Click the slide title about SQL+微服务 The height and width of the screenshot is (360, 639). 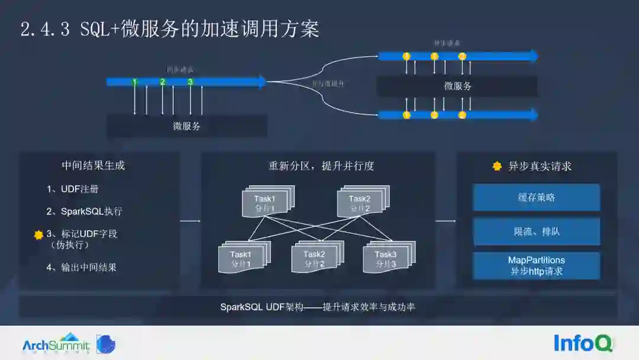(170, 29)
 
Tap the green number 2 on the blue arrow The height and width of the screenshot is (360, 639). (162, 82)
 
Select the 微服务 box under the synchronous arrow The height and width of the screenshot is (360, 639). (187, 126)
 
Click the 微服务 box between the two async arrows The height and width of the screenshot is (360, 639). (457, 86)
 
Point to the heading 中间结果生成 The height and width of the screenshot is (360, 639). (93, 166)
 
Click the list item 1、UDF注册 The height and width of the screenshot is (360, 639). (73, 189)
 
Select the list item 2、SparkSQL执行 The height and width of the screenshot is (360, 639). (85, 211)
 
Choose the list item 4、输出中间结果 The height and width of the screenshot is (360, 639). (82, 267)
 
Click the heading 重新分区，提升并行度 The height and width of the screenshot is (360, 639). (321, 166)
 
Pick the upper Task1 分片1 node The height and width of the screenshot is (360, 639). (265, 202)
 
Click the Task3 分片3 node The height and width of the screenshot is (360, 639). (386, 258)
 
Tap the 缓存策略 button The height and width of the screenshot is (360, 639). (536, 198)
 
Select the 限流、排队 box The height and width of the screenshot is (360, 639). (536, 232)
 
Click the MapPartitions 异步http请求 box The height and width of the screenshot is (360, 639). (536, 266)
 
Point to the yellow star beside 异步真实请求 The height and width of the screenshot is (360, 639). (497, 166)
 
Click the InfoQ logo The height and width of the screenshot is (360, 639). (583, 343)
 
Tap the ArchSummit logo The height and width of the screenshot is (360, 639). (56, 344)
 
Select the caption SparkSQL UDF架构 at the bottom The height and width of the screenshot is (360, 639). (318, 307)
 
